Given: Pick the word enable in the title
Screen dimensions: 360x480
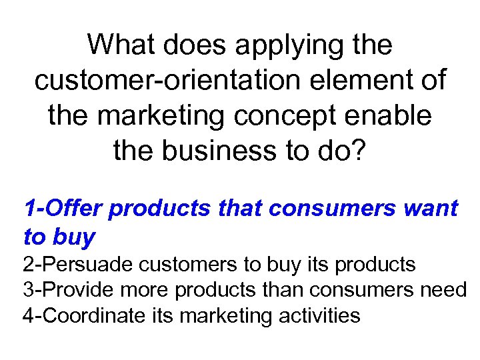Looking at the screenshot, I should pyautogui.click(x=394, y=115).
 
